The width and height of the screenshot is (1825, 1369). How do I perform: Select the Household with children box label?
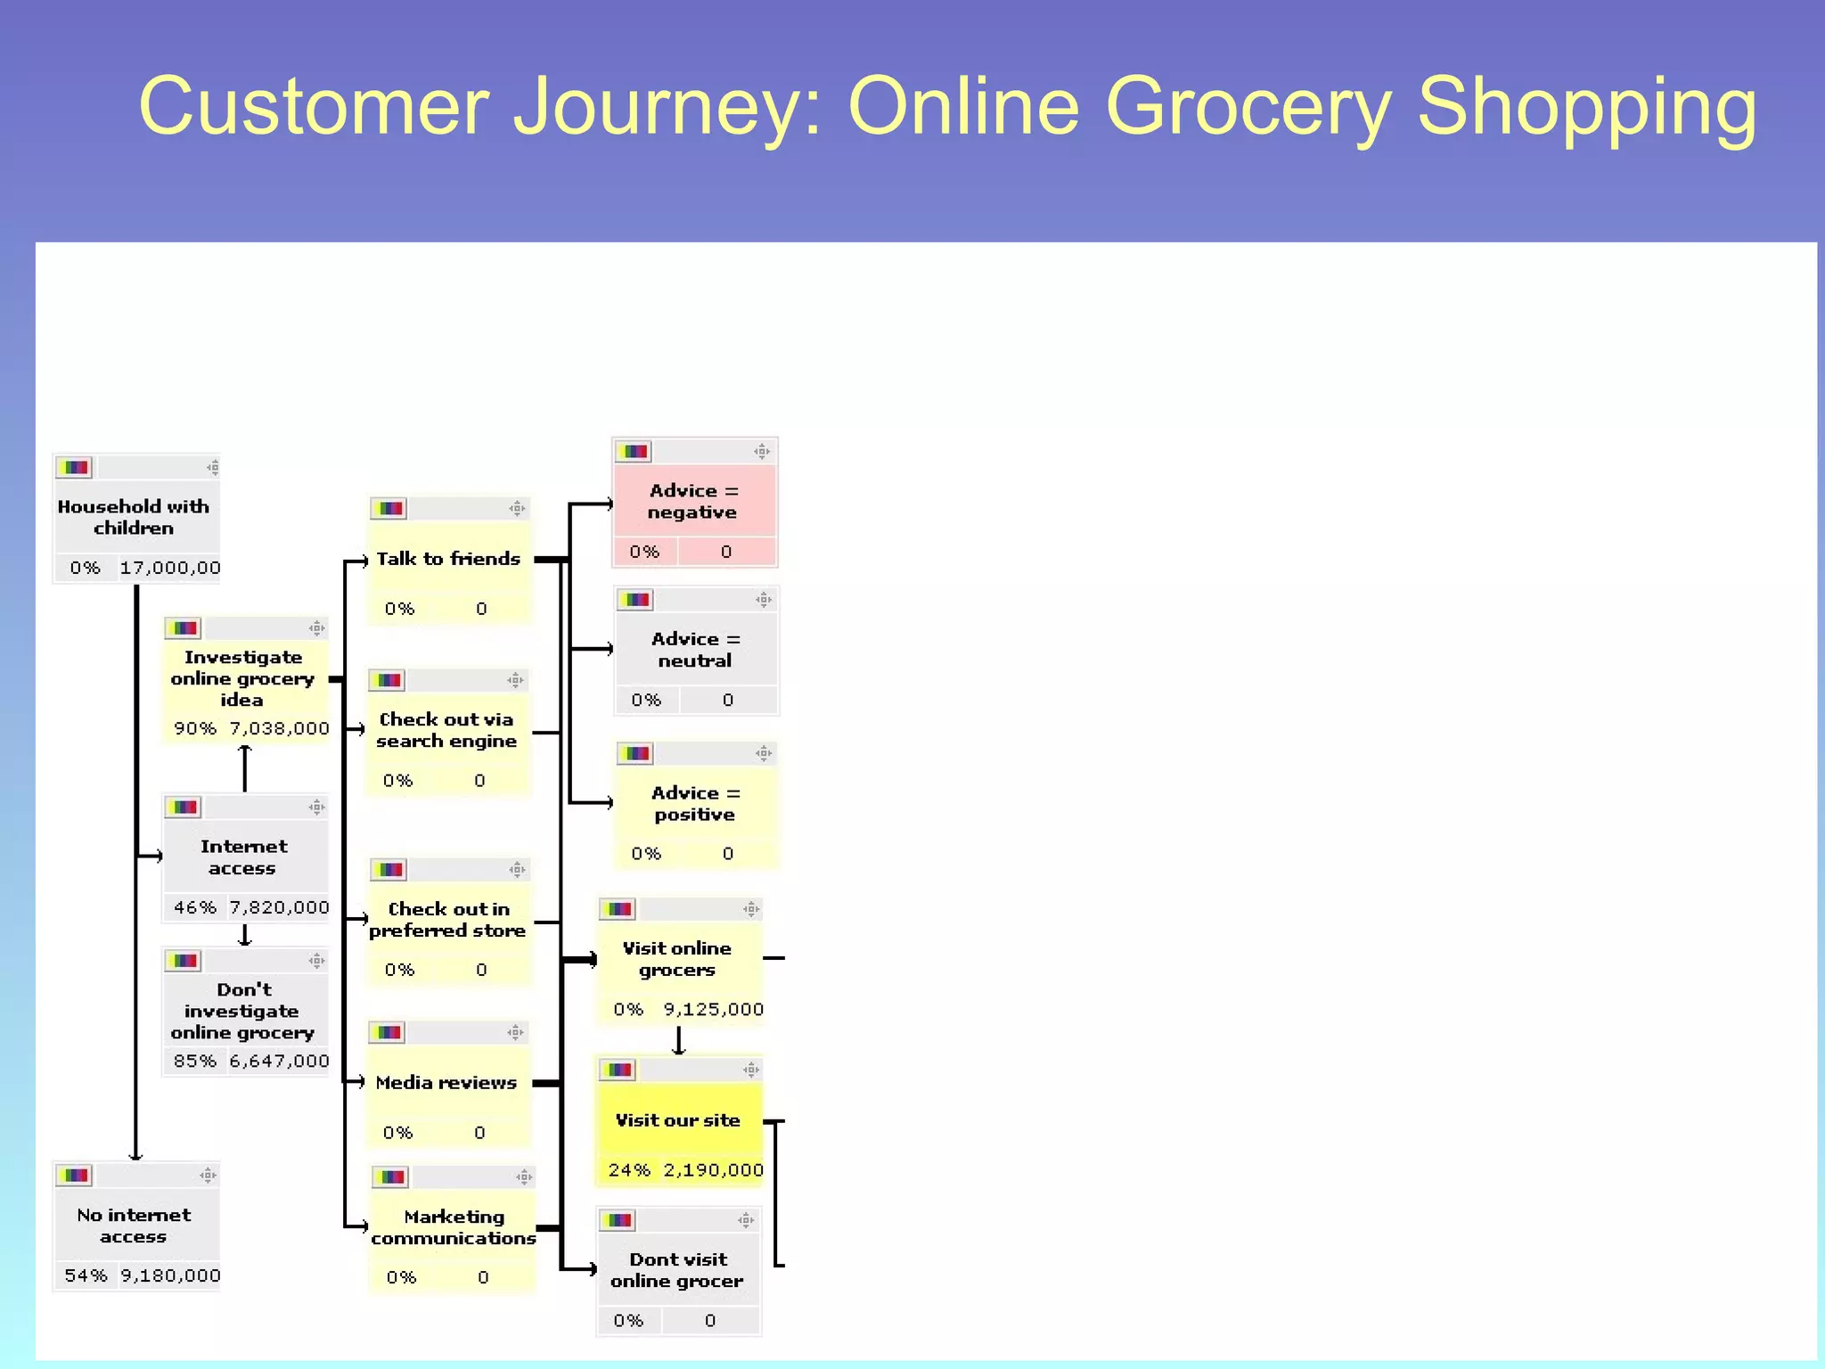[134, 517]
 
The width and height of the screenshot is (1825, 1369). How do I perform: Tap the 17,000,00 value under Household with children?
[170, 568]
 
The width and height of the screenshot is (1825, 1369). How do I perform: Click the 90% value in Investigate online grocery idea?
[194, 728]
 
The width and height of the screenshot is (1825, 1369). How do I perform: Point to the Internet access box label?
[243, 857]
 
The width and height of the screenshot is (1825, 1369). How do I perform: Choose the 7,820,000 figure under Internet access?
[279, 907]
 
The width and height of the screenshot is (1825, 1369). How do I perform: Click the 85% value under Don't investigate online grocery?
[194, 1061]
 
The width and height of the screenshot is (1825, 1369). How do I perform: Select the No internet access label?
[134, 1226]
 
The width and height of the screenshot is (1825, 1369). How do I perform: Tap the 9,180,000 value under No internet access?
[170, 1275]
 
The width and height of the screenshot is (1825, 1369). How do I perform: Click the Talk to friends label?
[448, 559]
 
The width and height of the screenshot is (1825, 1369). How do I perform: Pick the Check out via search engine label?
[446, 730]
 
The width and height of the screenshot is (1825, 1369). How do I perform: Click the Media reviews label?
[446, 1083]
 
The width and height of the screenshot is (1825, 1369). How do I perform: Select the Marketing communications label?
[454, 1227]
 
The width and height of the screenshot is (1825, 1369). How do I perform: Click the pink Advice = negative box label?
[693, 501]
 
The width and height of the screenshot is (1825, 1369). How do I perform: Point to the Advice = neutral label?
[695, 650]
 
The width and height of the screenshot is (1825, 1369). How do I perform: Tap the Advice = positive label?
[695, 803]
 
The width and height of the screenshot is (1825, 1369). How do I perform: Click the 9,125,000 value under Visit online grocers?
[713, 1009]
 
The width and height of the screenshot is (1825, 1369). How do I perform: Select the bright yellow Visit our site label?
[677, 1120]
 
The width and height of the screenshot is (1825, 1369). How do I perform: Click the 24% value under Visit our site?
[629, 1170]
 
